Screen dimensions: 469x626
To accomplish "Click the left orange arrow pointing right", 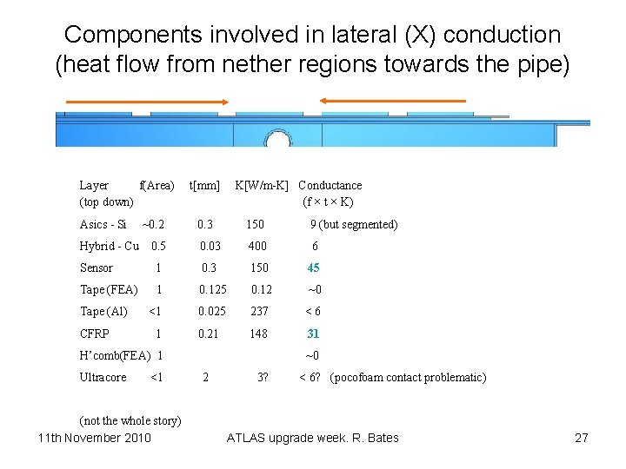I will (x=148, y=102).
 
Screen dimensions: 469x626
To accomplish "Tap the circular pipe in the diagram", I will (x=277, y=141).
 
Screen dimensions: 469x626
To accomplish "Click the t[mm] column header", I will (x=204, y=185).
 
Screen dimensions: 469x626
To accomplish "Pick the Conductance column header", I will (x=330, y=185).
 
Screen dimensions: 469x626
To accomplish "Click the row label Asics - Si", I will (x=103, y=224).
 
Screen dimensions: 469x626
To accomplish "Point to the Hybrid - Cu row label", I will (x=109, y=246).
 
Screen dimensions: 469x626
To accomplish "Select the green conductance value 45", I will (x=314, y=268).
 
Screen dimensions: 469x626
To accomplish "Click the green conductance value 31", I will (x=313, y=334).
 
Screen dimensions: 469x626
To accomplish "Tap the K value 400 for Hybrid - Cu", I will (x=257, y=246).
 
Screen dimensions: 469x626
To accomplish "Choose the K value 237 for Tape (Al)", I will (x=258, y=311).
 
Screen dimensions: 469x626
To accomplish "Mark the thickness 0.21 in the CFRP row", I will (x=209, y=334).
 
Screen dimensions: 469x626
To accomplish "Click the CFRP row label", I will (x=95, y=334).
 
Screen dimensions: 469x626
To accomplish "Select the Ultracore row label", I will (x=103, y=377).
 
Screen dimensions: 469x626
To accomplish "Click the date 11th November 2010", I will (x=95, y=437).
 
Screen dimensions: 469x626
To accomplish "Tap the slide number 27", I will (x=582, y=438).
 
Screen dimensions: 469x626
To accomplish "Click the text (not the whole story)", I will (x=130, y=421).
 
